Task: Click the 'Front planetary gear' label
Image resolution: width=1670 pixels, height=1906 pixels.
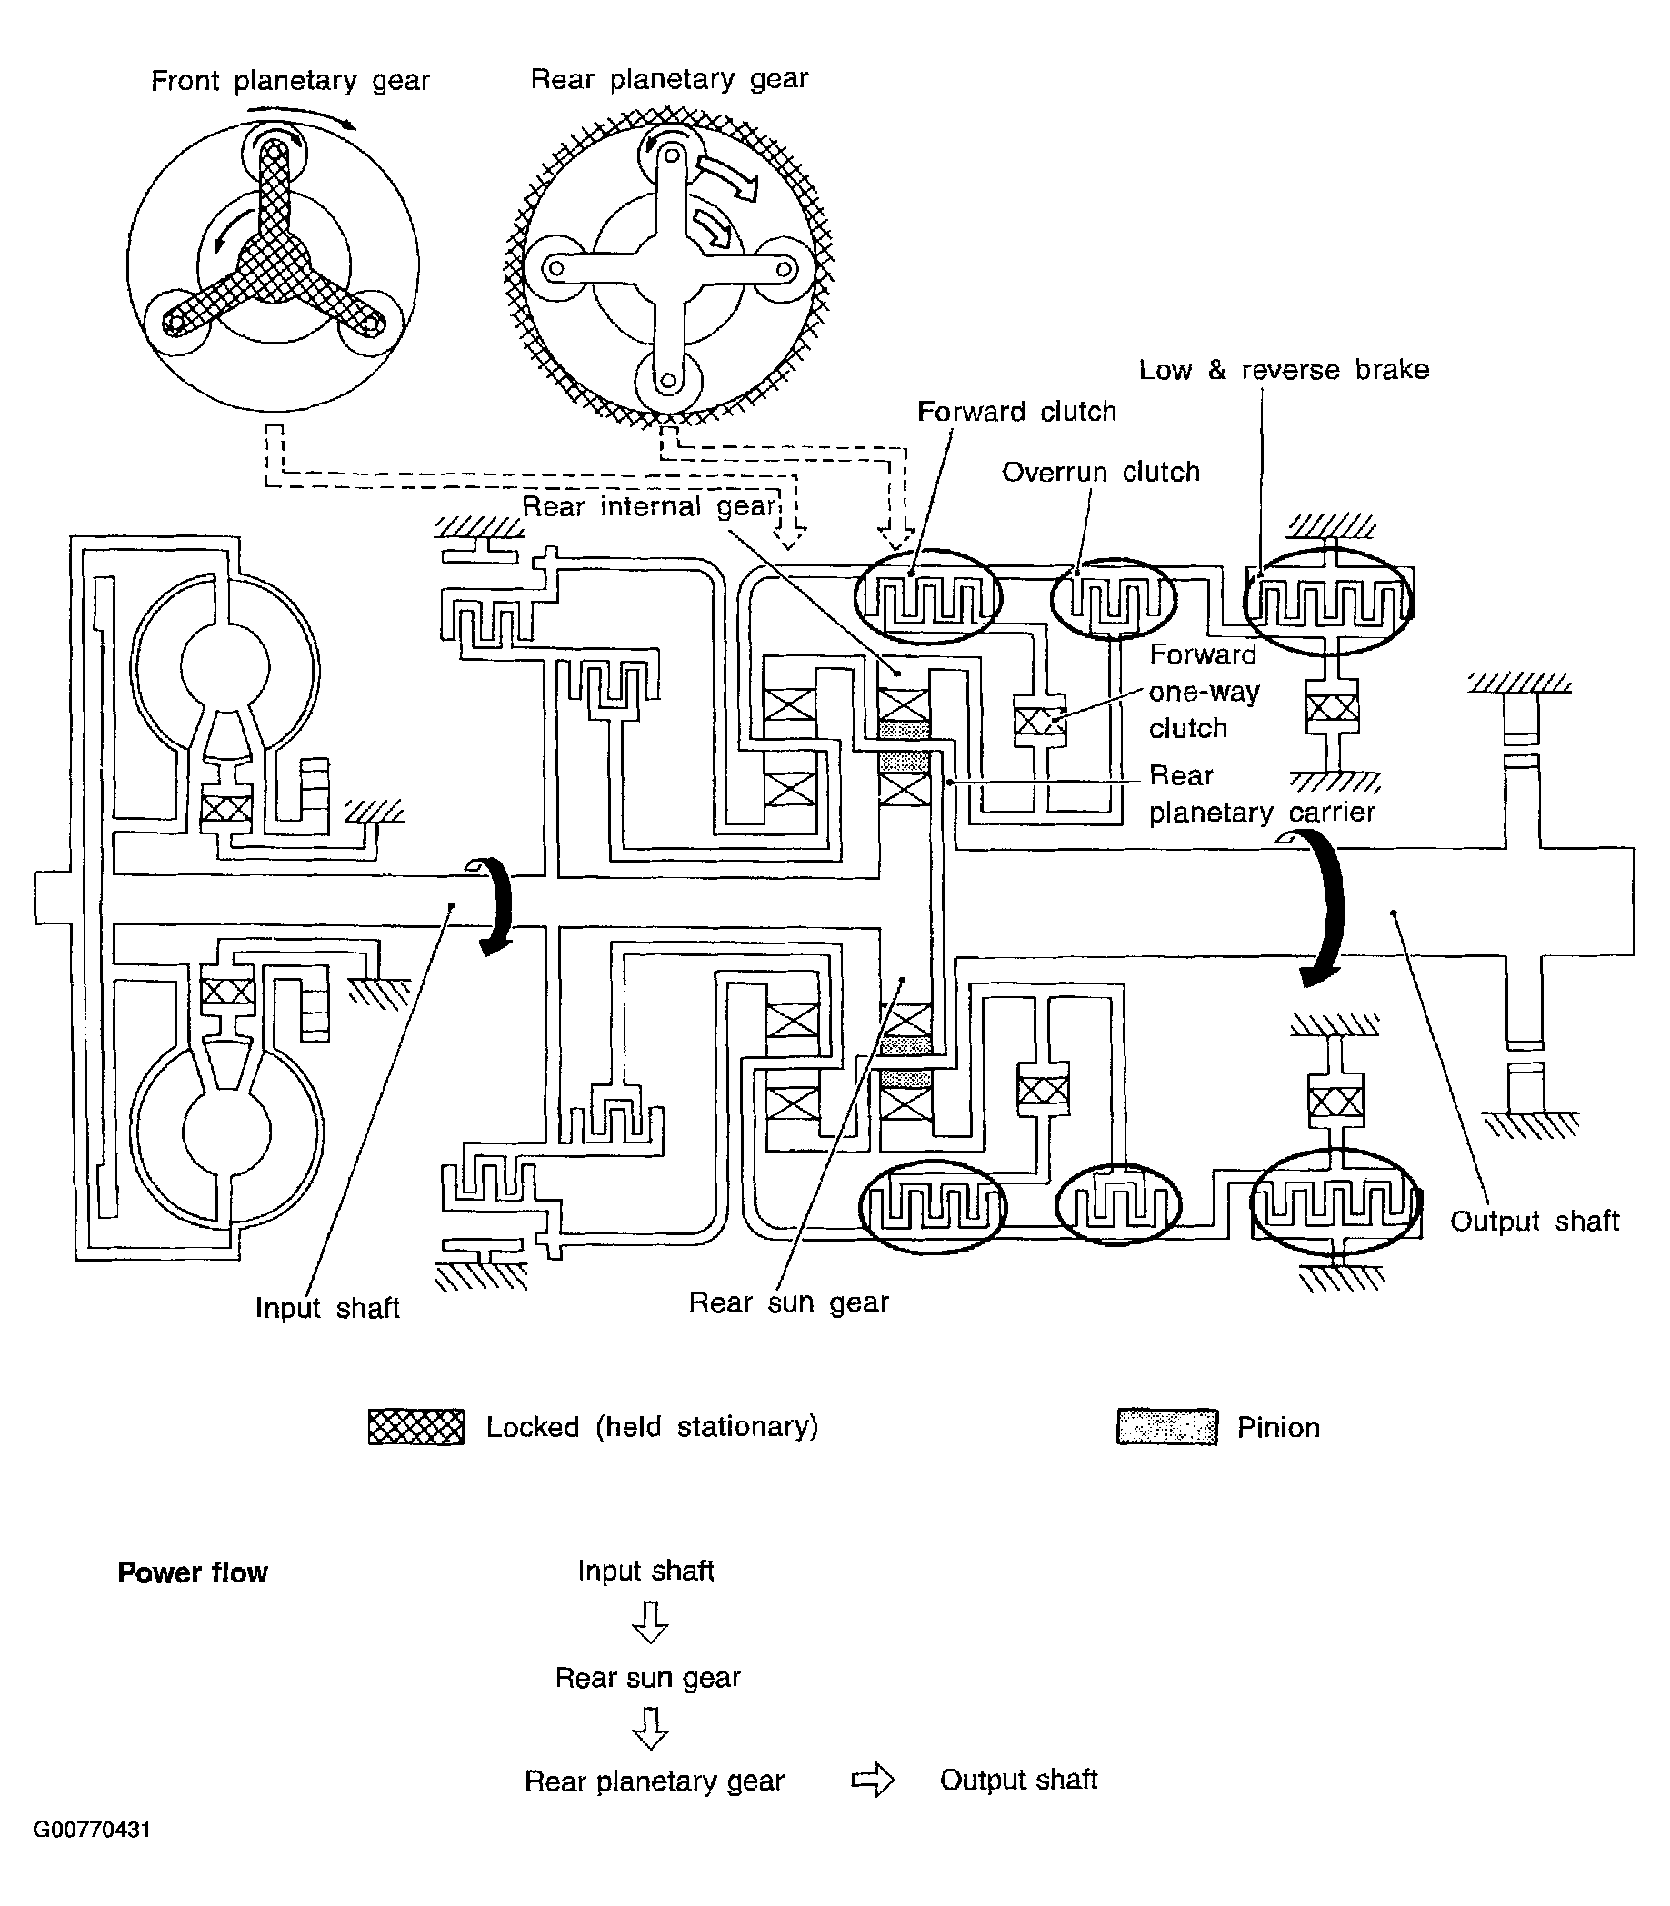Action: point(290,81)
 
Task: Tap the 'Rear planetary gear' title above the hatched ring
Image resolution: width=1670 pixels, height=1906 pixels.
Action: point(669,79)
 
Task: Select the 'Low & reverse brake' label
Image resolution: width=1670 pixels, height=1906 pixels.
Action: point(1285,370)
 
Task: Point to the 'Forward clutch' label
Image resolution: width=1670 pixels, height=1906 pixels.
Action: point(1016,412)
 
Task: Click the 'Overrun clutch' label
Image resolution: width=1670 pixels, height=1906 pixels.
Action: point(1101,473)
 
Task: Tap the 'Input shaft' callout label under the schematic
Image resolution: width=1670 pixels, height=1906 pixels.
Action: point(327,1308)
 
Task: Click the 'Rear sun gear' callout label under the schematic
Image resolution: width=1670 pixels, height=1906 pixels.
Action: point(788,1302)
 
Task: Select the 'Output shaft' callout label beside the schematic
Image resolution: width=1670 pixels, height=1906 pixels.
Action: point(1535,1222)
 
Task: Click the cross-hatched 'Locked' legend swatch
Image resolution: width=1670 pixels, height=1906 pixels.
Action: point(415,1426)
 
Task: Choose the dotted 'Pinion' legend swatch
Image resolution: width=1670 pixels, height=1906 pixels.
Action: point(1166,1427)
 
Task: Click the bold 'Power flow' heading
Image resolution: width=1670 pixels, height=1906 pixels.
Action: point(192,1572)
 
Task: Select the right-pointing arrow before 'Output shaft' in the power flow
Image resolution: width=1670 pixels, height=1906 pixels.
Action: point(874,1781)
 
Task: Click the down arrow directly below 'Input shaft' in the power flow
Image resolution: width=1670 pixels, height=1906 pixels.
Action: point(650,1622)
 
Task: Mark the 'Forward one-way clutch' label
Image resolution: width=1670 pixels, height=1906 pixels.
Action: point(1204,691)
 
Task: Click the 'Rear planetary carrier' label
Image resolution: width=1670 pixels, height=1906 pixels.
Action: point(1262,793)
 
